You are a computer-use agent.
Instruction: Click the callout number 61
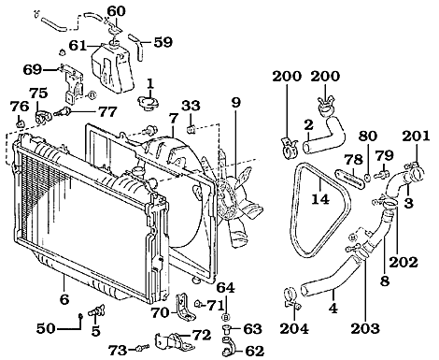pyautogui.click(x=78, y=44)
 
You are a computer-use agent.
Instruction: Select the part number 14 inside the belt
pyautogui.click(x=320, y=199)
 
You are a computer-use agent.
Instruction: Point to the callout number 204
pyautogui.click(x=291, y=328)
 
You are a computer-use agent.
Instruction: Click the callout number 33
pyautogui.click(x=190, y=105)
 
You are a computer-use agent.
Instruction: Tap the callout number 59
pyautogui.click(x=163, y=41)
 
